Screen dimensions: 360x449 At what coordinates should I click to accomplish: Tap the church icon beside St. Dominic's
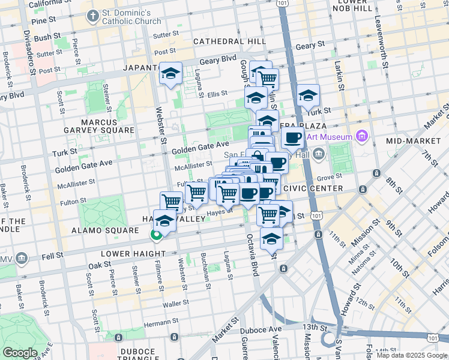coord(92,16)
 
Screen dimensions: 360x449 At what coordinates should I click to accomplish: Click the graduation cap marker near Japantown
coord(171,74)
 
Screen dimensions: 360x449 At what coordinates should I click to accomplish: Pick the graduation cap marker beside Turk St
coord(308,95)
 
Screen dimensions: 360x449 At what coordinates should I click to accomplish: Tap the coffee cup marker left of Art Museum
coord(292,138)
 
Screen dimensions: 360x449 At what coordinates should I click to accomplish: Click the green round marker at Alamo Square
coord(156,235)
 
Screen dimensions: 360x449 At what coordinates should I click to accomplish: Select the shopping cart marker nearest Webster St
coord(172,202)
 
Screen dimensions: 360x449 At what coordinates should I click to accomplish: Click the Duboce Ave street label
coord(264,329)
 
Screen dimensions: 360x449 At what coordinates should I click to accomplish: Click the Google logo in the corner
coord(20,353)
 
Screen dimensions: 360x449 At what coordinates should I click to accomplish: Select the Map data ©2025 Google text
coord(412,355)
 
